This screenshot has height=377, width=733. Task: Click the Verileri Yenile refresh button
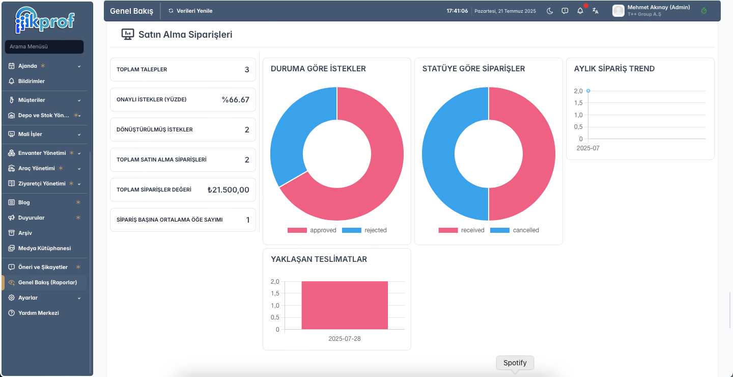pos(190,11)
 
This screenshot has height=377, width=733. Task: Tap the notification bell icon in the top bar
pos(580,11)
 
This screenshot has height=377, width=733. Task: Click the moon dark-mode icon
pos(550,11)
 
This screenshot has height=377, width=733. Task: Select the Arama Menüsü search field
pos(44,46)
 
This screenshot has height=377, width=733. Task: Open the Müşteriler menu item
pos(32,100)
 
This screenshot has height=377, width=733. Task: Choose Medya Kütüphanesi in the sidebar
pos(44,248)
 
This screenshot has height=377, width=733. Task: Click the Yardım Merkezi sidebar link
pos(39,313)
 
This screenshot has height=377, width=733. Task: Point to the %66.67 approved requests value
pos(235,99)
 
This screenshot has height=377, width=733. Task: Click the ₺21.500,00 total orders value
pos(229,190)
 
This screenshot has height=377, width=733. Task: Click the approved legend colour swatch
pos(297,230)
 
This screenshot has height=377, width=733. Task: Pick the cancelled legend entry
pos(515,230)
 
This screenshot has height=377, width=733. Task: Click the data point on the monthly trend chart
pos(588,91)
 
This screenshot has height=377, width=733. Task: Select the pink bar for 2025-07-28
pos(345,305)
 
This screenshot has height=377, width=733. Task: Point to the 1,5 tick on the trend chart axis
pos(578,103)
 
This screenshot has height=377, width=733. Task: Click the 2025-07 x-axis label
pos(588,148)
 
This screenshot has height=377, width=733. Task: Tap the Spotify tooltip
pos(515,363)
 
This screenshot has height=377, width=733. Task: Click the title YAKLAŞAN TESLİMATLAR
pos(319,259)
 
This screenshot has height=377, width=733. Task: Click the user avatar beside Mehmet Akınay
pos(618,11)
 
